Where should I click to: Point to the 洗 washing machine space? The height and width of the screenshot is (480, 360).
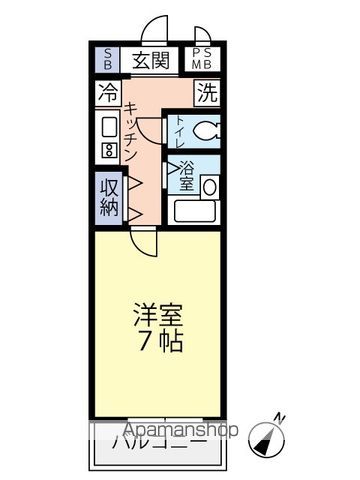(205, 94)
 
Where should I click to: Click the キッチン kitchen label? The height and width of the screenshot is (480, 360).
(133, 135)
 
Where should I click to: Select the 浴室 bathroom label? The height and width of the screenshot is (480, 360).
(185, 178)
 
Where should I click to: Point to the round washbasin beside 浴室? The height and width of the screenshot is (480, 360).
(210, 186)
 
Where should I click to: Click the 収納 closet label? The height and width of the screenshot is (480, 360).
(109, 196)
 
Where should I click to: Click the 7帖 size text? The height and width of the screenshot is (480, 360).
(160, 340)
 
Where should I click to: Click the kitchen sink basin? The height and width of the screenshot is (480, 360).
(108, 127)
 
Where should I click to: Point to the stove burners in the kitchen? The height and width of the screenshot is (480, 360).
(108, 152)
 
